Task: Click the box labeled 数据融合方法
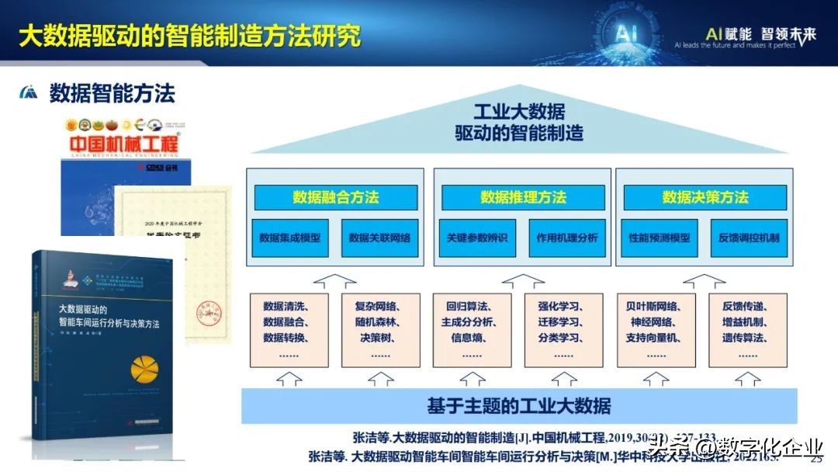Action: click(x=335, y=197)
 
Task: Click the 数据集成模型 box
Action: click(x=289, y=238)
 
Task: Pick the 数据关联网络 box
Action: click(x=379, y=238)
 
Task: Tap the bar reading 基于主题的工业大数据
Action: click(x=518, y=405)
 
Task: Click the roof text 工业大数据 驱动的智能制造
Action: click(x=518, y=122)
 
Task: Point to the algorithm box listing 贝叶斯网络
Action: click(x=656, y=329)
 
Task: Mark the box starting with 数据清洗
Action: click(x=289, y=329)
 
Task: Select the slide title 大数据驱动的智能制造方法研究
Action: click(x=189, y=35)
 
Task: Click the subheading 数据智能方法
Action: click(x=113, y=93)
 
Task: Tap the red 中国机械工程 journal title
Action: click(x=124, y=145)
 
